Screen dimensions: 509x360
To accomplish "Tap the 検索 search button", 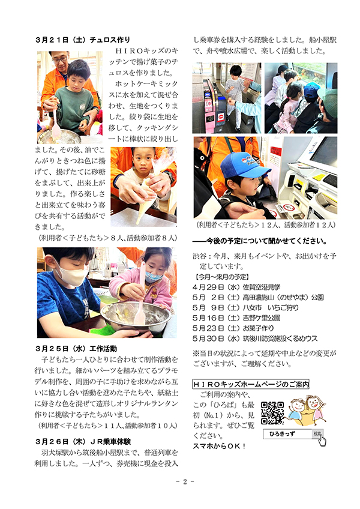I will coord(317,432).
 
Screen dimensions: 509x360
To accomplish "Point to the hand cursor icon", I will coord(322,441).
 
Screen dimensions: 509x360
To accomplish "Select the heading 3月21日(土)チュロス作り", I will coord(83,40).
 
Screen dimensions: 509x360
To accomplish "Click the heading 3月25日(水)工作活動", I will coord(76,349).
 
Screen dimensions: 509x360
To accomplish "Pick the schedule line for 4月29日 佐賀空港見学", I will coord(236,287).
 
